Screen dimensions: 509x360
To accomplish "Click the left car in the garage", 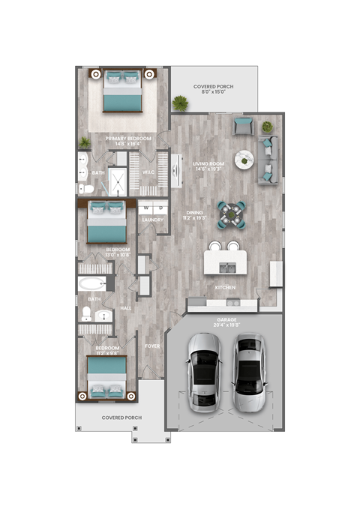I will tap(204, 373).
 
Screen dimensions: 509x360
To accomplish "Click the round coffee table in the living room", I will tap(244, 160).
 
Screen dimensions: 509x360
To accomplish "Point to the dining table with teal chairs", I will tap(231, 214).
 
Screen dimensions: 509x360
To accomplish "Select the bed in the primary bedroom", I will tap(122, 91).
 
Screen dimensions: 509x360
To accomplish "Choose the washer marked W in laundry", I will tap(145, 208).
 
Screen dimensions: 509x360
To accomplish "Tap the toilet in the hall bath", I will tap(86, 313).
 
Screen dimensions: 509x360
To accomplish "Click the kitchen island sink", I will tap(226, 266).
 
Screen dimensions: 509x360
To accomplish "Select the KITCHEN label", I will tap(226, 288).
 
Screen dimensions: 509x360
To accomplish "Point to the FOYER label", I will tap(152, 346).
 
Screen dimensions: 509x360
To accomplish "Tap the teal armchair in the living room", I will tap(242, 125).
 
